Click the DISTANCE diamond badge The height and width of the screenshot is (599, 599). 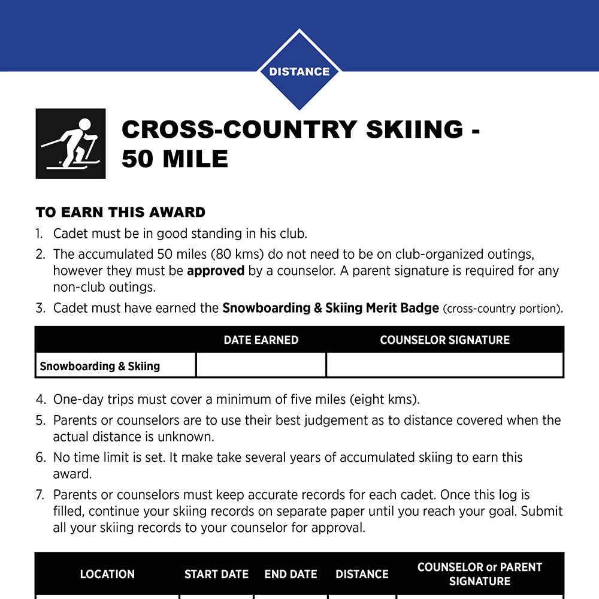coord(299,71)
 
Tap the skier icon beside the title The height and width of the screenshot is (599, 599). coord(71,144)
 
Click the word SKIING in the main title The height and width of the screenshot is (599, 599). coord(412,129)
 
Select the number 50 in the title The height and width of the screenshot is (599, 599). coord(140,159)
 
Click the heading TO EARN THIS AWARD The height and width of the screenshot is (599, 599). coord(120,212)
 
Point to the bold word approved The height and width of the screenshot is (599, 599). coord(216,271)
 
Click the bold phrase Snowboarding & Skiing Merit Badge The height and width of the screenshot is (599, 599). coord(331,308)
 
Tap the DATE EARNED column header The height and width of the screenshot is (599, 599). coord(261,340)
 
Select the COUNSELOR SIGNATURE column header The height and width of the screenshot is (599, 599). coord(444,340)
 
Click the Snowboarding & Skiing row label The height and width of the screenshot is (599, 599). coord(99,366)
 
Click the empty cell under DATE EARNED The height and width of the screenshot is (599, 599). coord(261,365)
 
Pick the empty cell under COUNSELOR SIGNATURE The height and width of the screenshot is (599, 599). coord(444,365)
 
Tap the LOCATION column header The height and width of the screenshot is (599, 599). coord(107,574)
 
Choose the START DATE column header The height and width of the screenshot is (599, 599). coord(216,574)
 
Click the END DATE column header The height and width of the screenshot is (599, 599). coord(291,574)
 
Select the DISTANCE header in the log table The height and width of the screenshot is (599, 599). coord(362,574)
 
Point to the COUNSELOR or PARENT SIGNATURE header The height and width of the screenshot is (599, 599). coord(479,574)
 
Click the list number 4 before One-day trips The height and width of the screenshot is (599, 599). coord(40,399)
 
